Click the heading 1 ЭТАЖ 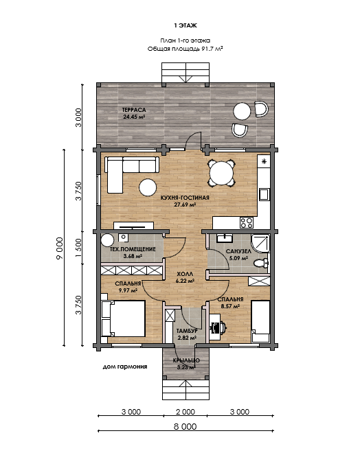185,25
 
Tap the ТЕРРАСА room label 133,110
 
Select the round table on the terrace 242,111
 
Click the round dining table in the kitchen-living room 221,174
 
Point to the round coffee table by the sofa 148,187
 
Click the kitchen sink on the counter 264,194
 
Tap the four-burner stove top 247,222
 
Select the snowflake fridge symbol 264,161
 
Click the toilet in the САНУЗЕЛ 261,263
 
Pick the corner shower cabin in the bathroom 260,243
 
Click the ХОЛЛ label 185,274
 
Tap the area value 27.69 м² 185,205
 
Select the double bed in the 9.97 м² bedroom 123,318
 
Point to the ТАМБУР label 187,331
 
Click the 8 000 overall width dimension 185,426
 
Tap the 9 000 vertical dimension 60,248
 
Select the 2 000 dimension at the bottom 185,412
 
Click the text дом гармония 125,367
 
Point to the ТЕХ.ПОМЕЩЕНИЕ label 133,249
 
